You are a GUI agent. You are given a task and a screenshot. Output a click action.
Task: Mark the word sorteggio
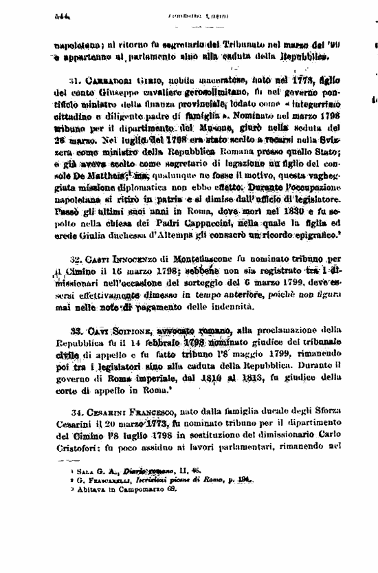point(254,282)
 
